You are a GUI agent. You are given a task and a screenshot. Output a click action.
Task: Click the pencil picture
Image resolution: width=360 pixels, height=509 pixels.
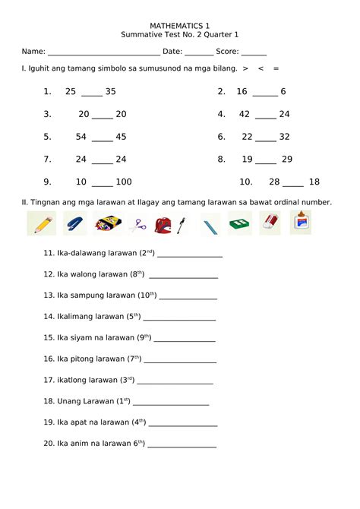[41, 223]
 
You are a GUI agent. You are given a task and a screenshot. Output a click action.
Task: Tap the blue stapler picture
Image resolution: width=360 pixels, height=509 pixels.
[74, 223]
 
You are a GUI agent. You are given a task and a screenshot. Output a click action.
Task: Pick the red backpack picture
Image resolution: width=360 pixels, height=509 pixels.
[160, 224]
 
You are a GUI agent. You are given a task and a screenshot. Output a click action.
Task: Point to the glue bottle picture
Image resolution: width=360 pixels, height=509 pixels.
[301, 223]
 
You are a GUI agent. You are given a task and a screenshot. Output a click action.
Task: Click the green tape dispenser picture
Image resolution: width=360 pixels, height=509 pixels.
[240, 223]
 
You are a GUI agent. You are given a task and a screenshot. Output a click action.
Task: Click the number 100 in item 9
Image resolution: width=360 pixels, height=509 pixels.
[124, 182]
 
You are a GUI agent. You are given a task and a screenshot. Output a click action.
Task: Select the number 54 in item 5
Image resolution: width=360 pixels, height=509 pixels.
[81, 137]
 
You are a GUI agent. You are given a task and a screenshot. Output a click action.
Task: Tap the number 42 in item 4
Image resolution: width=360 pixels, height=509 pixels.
[245, 114]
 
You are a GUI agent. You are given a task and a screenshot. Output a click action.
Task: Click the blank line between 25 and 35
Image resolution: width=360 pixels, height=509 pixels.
[91, 93]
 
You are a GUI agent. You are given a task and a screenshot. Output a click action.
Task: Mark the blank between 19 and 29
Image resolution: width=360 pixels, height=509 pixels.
[266, 162]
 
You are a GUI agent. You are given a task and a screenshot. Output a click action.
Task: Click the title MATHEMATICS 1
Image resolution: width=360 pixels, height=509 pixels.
[180, 25]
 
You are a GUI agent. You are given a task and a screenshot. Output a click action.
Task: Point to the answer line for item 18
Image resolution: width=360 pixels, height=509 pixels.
[171, 403]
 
